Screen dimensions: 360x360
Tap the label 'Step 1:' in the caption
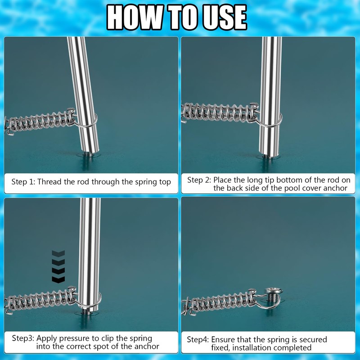[x=23, y=182]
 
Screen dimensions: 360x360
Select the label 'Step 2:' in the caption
[x=199, y=180]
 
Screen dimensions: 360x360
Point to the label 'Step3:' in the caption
[x=23, y=338]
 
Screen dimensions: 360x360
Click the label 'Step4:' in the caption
[x=198, y=340]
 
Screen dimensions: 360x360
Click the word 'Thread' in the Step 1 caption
[x=49, y=182]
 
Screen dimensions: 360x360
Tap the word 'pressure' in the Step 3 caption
[x=74, y=339]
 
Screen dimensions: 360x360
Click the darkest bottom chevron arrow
[x=58, y=279]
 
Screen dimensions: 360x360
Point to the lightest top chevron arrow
[x=58, y=253]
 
